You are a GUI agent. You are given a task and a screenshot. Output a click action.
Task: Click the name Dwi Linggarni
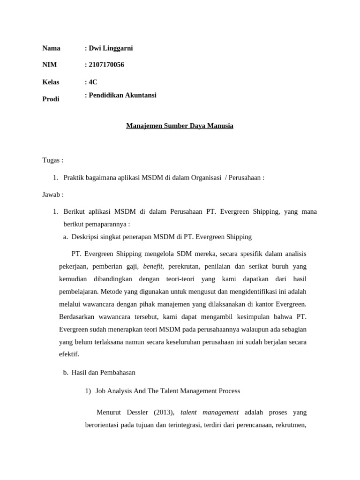pos(111,48)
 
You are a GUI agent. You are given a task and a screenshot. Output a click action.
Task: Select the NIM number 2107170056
pos(106,65)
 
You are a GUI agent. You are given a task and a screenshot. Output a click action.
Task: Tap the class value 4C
pos(93,82)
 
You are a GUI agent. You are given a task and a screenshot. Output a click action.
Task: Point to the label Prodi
pos(51,99)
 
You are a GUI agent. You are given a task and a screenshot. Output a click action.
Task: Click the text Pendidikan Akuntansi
pos(122,95)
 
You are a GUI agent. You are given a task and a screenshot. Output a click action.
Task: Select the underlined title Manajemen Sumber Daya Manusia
pos(180,126)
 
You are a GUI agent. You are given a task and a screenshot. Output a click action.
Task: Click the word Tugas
pos(52,160)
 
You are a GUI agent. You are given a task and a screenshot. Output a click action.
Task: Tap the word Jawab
pos(52,194)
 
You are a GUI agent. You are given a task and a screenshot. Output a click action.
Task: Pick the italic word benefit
pos(152,266)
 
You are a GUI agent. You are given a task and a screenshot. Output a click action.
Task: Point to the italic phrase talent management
pos(209,412)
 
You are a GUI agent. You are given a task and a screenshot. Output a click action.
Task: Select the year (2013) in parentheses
pos(164,412)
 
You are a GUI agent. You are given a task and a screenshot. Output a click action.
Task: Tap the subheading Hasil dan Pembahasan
pos(103,372)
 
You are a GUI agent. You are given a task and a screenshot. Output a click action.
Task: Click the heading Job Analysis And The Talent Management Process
pos(167,390)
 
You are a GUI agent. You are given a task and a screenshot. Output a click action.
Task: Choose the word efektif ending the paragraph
pos(68,354)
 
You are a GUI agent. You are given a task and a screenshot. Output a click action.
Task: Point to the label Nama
pos(51,48)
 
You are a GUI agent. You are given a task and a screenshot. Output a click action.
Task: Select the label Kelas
pos(51,82)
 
